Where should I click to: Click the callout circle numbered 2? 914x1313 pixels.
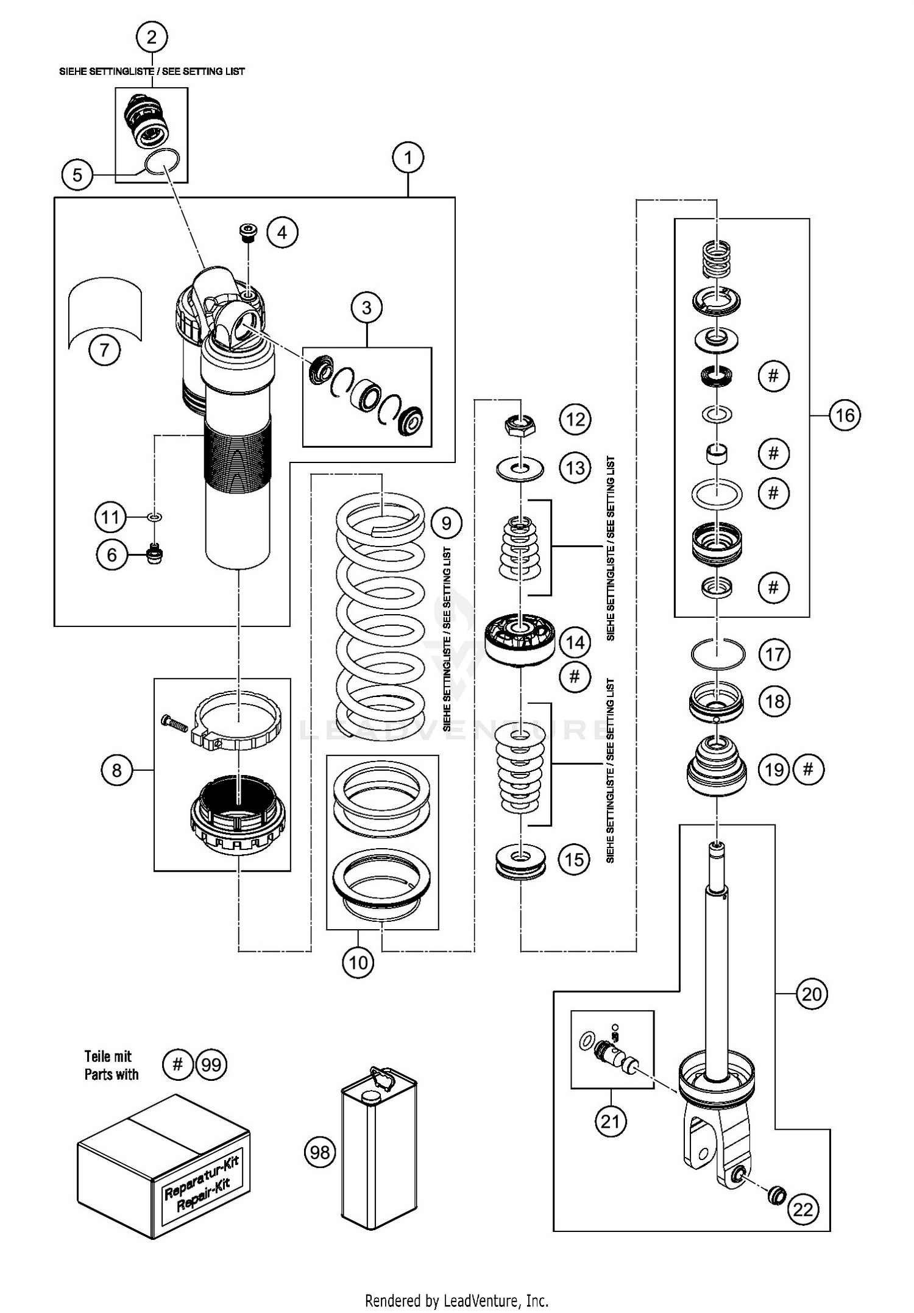(152, 37)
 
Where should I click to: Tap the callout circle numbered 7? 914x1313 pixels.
(104, 350)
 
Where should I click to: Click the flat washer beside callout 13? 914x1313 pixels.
(520, 469)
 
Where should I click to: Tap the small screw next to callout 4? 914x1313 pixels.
(247, 232)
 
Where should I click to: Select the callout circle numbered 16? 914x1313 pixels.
(845, 416)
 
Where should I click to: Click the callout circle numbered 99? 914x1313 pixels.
(211, 1065)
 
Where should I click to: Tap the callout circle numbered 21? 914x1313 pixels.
(610, 1121)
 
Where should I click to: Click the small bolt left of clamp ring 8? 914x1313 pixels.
(174, 723)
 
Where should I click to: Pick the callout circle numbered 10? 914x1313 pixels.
(358, 962)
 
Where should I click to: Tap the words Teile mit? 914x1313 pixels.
(108, 1056)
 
